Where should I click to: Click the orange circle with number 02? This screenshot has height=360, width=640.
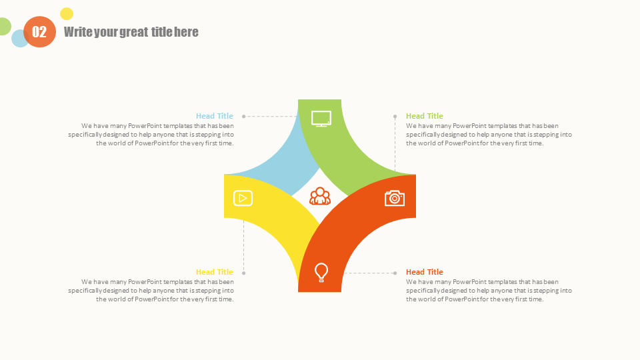pos(39,32)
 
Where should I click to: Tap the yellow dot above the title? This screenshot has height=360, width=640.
pos(67,14)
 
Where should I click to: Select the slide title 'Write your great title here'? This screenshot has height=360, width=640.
pos(131,32)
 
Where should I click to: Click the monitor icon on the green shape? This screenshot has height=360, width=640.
pos(321,119)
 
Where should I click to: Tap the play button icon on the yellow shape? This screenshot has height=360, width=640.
pos(243,199)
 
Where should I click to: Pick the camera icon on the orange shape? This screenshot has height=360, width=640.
pos(394,198)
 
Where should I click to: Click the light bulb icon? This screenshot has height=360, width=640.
pos(321,272)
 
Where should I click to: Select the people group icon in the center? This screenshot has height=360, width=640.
pos(320,196)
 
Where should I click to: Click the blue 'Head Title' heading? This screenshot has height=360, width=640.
pos(214,116)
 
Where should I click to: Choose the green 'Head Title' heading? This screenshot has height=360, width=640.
pos(425,116)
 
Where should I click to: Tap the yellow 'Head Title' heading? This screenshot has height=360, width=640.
pos(214,272)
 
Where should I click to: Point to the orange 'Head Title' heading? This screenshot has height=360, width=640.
pos(425,272)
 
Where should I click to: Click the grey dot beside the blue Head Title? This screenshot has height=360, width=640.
pos(244,116)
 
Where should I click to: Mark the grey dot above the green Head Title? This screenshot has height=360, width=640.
pos(395,116)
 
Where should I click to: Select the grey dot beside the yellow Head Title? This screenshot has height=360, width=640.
pos(244,273)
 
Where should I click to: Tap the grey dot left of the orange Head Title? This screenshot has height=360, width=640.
pos(395,273)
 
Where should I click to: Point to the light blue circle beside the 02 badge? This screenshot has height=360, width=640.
pos(18,39)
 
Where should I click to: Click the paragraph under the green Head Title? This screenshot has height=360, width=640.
pos(489,135)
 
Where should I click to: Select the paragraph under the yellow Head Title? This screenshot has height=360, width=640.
pos(151,291)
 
